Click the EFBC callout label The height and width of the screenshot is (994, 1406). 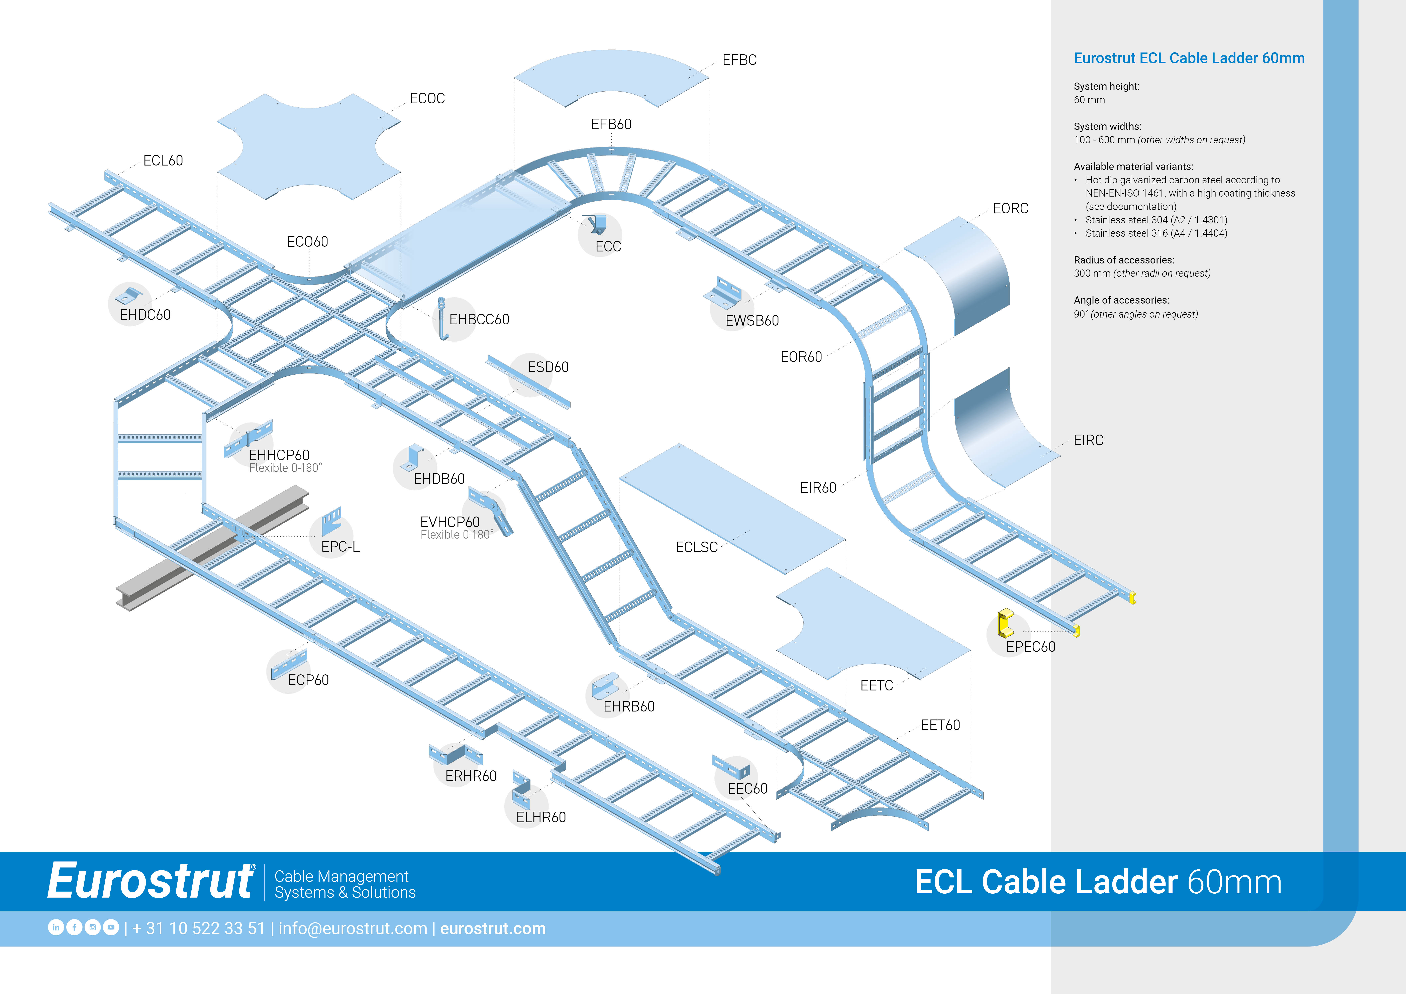739,60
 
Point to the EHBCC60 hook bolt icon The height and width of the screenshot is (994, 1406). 442,318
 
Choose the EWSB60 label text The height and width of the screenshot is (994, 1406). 752,321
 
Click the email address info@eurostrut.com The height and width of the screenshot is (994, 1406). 353,928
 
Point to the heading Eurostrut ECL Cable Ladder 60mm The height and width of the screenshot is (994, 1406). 1189,58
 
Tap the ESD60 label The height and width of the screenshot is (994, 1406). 548,367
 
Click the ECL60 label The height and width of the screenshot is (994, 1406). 163,160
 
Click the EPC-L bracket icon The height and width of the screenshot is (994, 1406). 331,521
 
